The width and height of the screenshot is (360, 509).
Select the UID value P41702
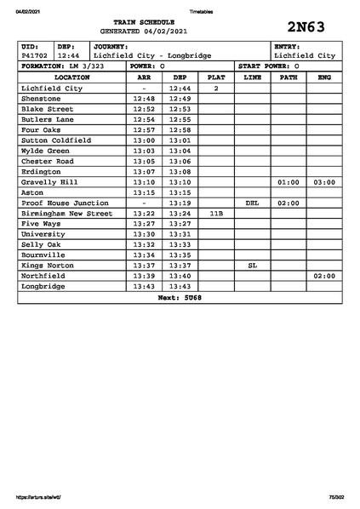click(x=35, y=55)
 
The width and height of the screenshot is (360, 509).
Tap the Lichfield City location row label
click(x=52, y=88)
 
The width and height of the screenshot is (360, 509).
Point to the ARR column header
click(x=145, y=77)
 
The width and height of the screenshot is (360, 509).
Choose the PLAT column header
click(x=216, y=77)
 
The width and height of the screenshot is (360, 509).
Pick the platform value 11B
click(x=216, y=214)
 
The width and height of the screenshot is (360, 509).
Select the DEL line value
click(x=252, y=203)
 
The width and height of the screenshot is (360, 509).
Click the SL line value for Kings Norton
click(x=252, y=266)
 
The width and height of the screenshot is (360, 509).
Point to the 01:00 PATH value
click(x=289, y=182)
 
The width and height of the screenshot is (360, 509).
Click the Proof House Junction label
click(x=65, y=203)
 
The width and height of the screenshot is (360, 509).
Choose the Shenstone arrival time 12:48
click(x=145, y=99)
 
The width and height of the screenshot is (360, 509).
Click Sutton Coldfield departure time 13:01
click(x=180, y=140)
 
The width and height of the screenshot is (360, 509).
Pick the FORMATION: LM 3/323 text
click(x=62, y=66)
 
